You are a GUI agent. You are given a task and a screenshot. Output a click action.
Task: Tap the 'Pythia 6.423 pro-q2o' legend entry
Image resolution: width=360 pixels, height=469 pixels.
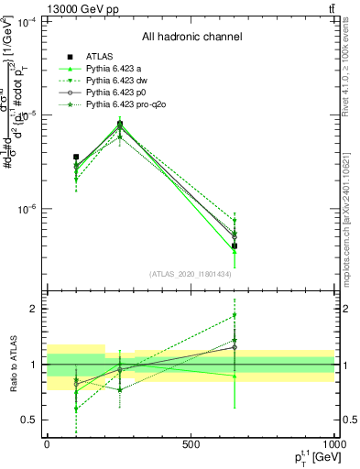tap(129, 106)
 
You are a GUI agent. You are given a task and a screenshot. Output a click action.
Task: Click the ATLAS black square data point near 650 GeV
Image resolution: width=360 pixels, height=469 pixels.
tap(235, 245)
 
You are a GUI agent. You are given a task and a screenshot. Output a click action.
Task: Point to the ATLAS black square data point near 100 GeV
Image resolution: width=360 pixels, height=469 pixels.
tap(76, 158)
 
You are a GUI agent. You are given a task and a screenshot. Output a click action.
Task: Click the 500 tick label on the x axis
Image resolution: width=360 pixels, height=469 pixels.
tap(191, 444)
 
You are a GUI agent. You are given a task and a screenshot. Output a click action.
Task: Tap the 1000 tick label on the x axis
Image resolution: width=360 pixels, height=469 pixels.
tap(333, 444)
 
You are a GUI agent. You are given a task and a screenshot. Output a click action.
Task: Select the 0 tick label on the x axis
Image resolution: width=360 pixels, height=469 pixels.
tap(47, 444)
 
